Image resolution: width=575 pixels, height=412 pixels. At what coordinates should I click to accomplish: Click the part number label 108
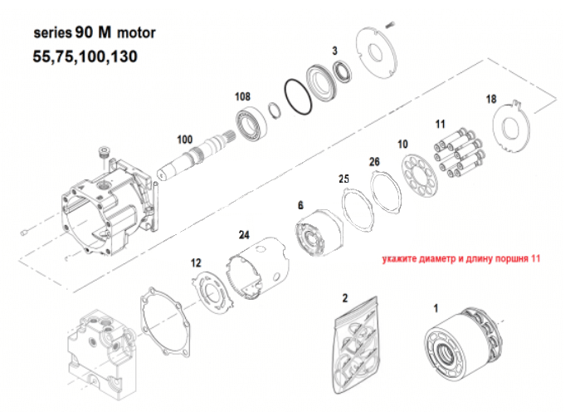click(x=242, y=97)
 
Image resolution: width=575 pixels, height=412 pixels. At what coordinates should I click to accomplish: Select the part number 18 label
click(x=492, y=99)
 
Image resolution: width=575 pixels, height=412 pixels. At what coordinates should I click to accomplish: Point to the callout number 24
click(x=244, y=234)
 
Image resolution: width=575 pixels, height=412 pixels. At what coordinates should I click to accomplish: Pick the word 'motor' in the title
click(x=135, y=34)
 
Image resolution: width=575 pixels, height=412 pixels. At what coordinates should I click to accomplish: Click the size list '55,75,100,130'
click(x=85, y=58)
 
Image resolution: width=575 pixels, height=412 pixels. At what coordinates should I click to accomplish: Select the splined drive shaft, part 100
click(x=198, y=158)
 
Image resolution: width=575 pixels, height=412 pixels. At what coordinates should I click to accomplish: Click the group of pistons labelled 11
click(x=457, y=154)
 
